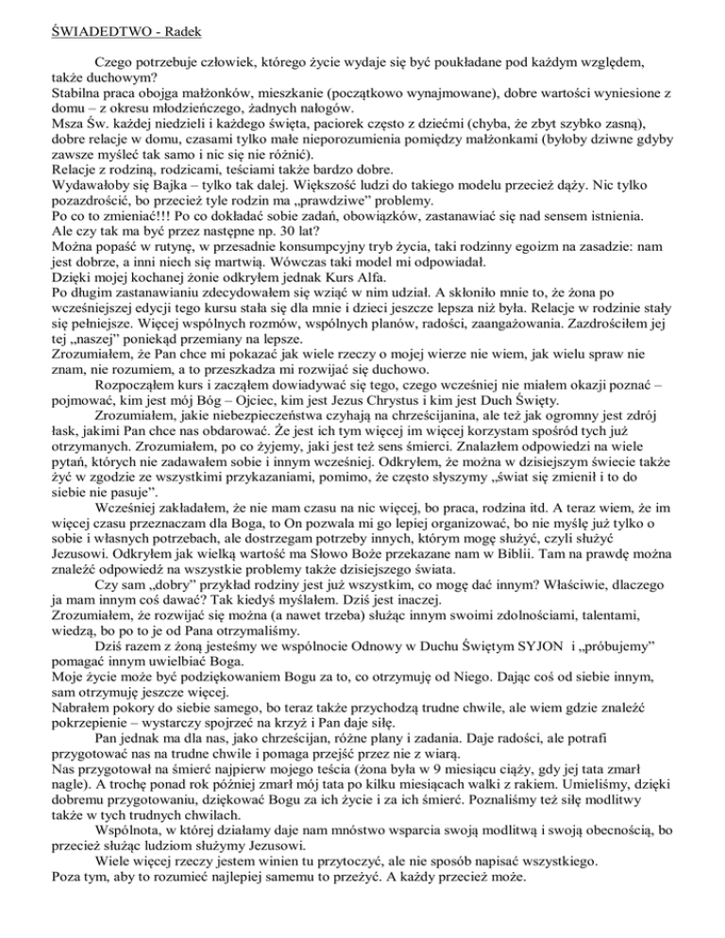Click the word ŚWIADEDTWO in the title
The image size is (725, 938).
61,14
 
